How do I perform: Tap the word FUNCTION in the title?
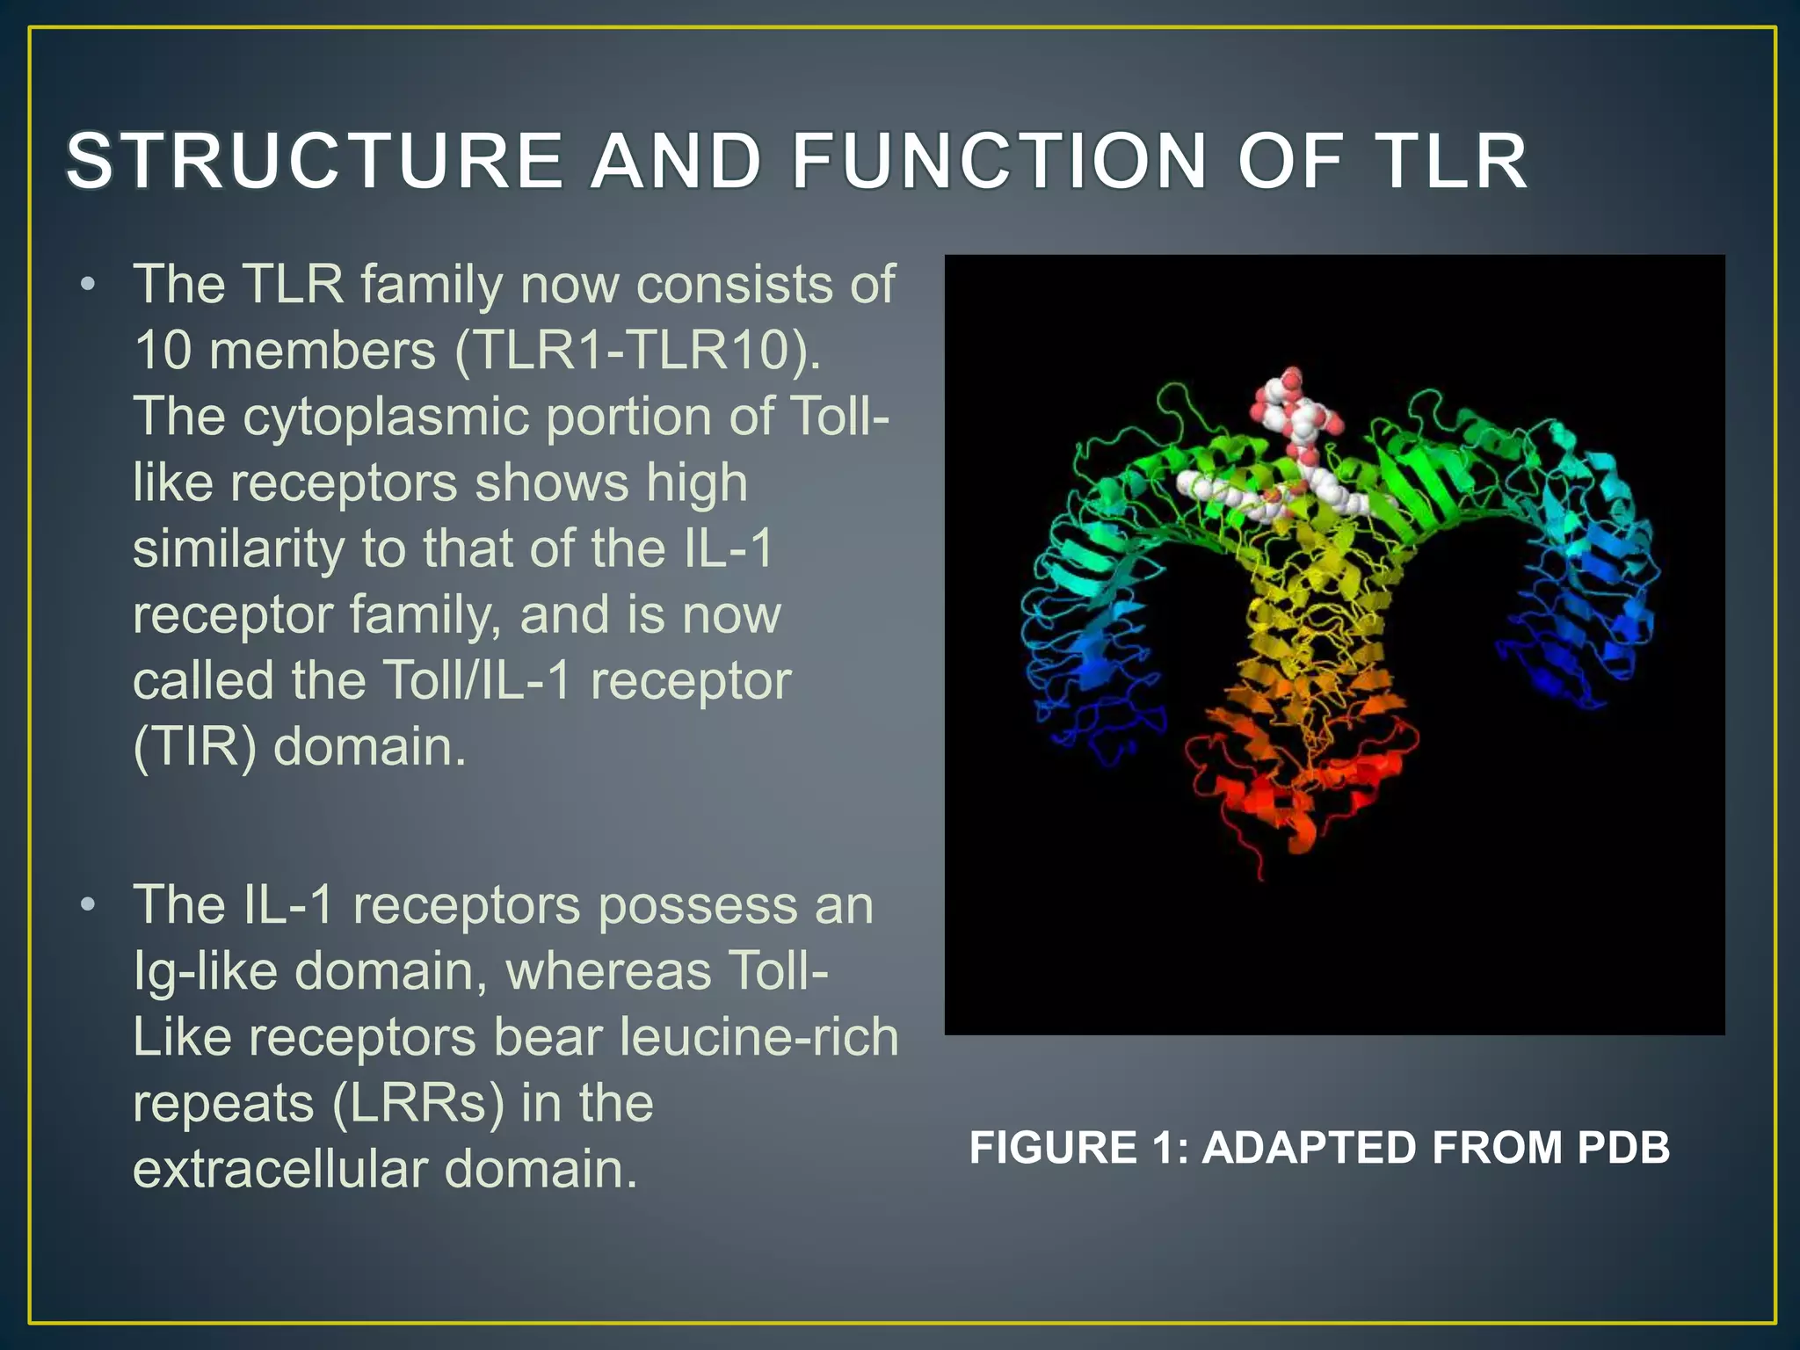tap(1000, 161)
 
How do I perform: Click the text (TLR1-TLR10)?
tap(638, 350)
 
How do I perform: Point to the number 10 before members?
tap(163, 350)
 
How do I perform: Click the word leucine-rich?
tap(758, 1037)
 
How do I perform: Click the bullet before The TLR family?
tap(87, 286)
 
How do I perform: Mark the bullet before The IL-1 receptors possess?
tap(87, 905)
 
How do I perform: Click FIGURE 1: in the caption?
tap(1078, 1148)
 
